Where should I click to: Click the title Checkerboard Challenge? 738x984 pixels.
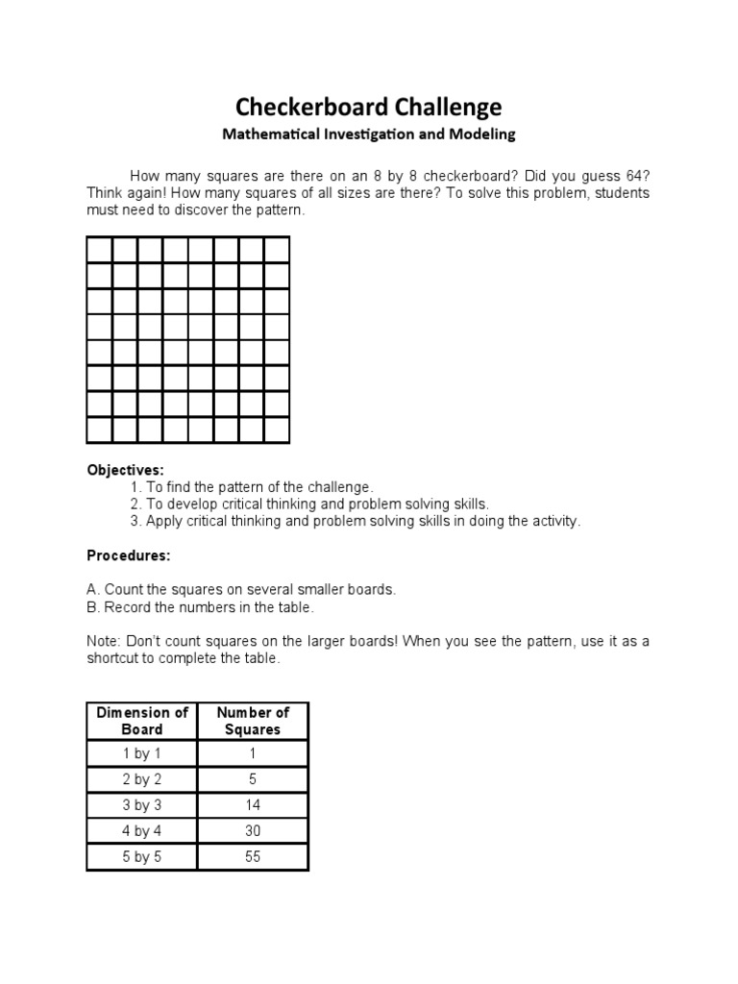(x=369, y=106)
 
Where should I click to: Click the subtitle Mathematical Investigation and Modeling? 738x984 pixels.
(x=369, y=135)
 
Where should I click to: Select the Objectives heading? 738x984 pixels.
(x=126, y=470)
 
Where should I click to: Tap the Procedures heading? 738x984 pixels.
(x=129, y=555)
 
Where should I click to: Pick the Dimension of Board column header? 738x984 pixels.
(x=142, y=720)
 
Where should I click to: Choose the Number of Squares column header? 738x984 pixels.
(x=253, y=720)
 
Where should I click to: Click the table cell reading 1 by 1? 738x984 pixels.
(x=142, y=753)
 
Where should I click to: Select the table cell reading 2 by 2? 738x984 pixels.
(x=142, y=779)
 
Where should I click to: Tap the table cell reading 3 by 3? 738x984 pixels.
(x=142, y=805)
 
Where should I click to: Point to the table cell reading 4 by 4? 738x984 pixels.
(x=142, y=831)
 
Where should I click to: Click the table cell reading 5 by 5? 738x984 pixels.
(x=142, y=857)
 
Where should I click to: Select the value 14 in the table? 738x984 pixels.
(x=253, y=805)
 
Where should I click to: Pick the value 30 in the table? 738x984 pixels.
(x=253, y=831)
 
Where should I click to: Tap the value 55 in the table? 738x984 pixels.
(x=253, y=857)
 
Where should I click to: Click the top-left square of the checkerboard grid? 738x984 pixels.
(x=100, y=250)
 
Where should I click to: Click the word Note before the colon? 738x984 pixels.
(x=102, y=641)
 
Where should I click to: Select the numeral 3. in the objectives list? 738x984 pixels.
(x=135, y=522)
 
